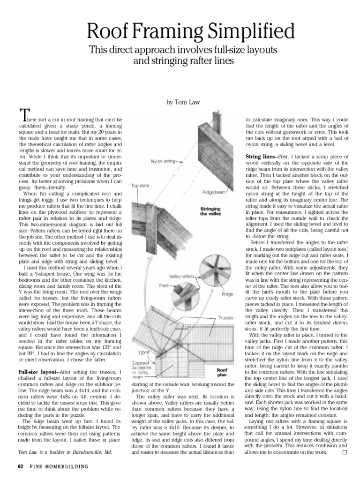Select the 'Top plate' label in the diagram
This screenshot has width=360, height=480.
click(141, 185)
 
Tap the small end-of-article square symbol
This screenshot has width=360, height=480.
click(345, 453)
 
